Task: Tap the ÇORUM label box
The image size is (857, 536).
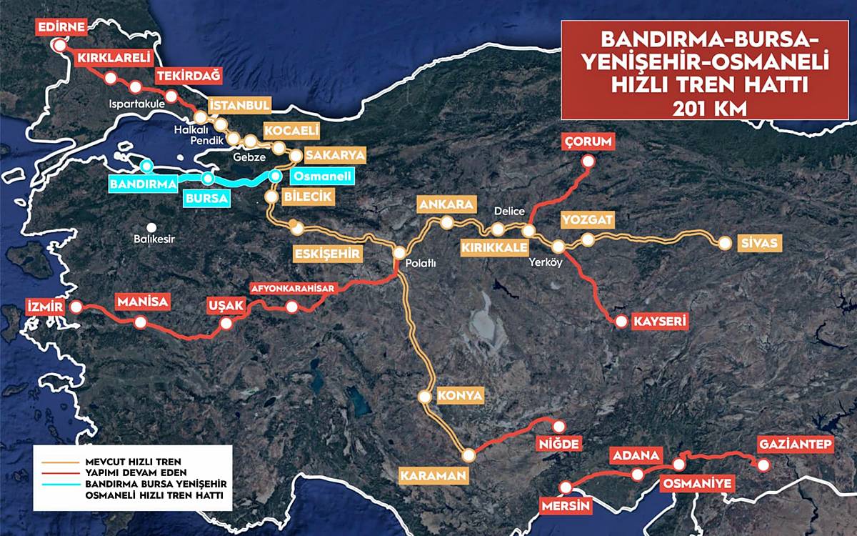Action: click(588, 142)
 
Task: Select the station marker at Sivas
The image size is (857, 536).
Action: click(725, 243)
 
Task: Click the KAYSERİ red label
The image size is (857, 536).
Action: click(660, 322)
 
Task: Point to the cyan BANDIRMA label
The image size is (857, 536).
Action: click(143, 184)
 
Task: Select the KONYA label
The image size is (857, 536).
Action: click(461, 395)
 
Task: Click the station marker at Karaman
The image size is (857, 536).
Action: click(468, 455)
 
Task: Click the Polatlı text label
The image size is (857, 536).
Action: click(421, 264)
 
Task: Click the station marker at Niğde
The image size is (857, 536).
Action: click(558, 426)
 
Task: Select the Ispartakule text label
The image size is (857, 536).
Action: click(137, 104)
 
